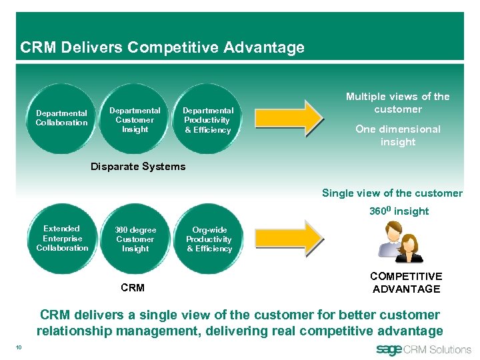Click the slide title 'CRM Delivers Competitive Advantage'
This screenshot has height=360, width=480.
(x=162, y=47)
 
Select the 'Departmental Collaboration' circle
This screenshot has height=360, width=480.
(x=62, y=118)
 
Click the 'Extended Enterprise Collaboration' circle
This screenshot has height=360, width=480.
(x=62, y=238)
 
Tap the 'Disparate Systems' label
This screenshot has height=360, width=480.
(x=138, y=166)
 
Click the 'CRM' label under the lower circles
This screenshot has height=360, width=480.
(x=133, y=289)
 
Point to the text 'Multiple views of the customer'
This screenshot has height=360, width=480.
(x=397, y=103)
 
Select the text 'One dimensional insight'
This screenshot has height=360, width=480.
(x=397, y=135)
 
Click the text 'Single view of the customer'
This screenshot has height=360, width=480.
(x=392, y=193)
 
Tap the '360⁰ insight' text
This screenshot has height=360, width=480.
(x=399, y=211)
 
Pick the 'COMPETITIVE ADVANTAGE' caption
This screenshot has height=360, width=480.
(x=406, y=283)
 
